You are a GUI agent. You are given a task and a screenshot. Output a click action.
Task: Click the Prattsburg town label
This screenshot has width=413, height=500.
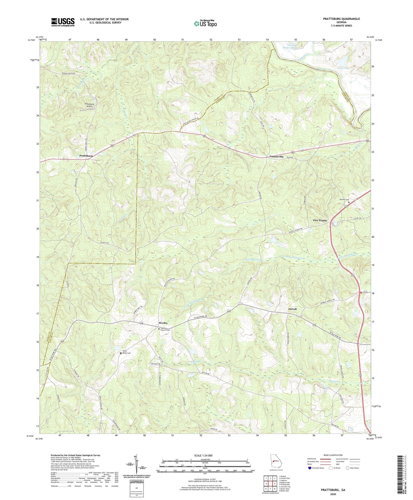86,156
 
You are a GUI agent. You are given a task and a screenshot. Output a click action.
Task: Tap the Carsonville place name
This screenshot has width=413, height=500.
276,157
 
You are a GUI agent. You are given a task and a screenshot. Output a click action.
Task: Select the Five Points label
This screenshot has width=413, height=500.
320,221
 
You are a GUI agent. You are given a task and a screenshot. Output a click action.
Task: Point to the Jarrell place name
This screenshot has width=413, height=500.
292,309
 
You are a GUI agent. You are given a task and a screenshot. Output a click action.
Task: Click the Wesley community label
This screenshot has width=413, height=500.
163,323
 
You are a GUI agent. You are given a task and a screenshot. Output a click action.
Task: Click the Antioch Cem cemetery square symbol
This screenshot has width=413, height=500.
349,202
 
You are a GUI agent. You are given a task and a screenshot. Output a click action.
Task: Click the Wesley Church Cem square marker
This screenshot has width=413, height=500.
159,329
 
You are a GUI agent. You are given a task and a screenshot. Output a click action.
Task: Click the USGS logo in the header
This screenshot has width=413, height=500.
63,22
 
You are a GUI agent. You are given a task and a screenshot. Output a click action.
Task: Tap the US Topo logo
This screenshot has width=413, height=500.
205,23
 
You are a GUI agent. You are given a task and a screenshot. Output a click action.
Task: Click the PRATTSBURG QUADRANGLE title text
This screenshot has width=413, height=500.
341,19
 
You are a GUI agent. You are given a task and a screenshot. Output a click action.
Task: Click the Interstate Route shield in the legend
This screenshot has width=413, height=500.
310,468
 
